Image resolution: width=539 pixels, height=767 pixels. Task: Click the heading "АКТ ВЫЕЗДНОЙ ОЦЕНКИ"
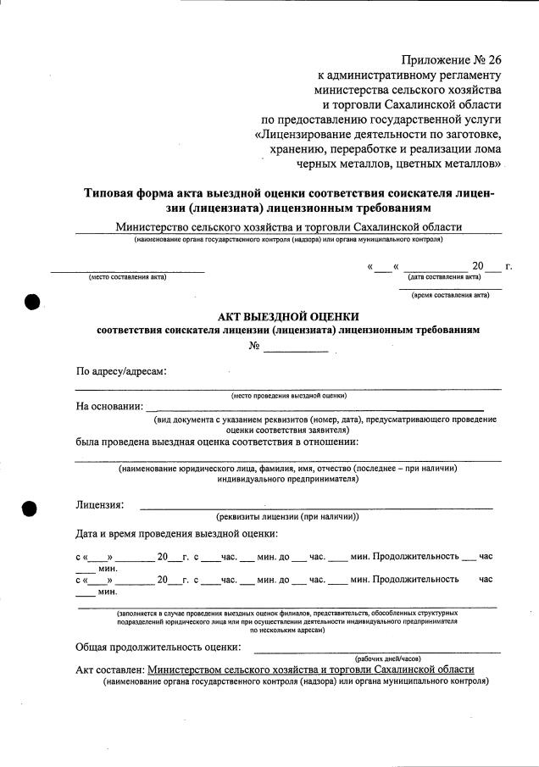[x=288, y=316]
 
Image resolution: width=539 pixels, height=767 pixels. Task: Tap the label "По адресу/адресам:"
[x=121, y=371]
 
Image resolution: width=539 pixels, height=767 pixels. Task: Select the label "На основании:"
[x=109, y=406]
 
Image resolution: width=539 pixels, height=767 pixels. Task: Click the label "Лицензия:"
[x=100, y=505]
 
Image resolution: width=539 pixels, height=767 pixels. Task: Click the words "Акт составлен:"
[x=109, y=670]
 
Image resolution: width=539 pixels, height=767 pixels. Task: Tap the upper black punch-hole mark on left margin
[x=32, y=302]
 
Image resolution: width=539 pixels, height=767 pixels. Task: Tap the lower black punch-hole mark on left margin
[x=31, y=509]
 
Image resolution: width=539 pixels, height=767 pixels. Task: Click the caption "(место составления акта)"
[x=127, y=277]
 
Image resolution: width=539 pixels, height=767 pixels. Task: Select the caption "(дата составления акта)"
[x=444, y=277]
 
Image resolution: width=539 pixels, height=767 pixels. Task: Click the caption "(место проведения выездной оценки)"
[x=288, y=396]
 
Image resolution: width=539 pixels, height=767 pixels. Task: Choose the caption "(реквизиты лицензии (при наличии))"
[x=288, y=516]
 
